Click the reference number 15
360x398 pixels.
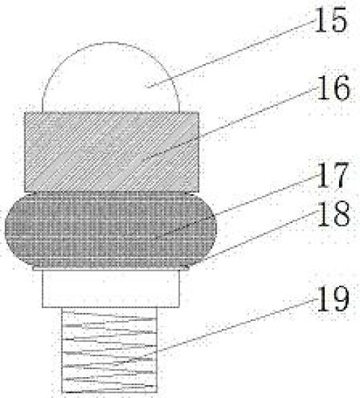coord(330,19)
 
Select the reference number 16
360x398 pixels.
coord(333,88)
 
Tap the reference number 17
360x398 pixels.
coord(333,175)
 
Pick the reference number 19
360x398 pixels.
coord(333,299)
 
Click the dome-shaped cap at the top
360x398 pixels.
coord(111,77)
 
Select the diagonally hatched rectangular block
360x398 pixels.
coord(112,152)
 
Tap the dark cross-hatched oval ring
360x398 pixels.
coord(111,230)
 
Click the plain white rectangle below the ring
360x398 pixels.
coord(111,289)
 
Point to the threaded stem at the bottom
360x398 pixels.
coord(109,350)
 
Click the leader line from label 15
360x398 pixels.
coord(231,53)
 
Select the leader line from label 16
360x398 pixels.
coord(233,122)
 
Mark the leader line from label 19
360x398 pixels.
coord(238,325)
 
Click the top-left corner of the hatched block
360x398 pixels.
coord(24,112)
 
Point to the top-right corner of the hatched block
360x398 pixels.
coord(199,112)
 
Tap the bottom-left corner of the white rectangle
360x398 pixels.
coord(42,307)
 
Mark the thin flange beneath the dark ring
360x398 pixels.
coord(111,268)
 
